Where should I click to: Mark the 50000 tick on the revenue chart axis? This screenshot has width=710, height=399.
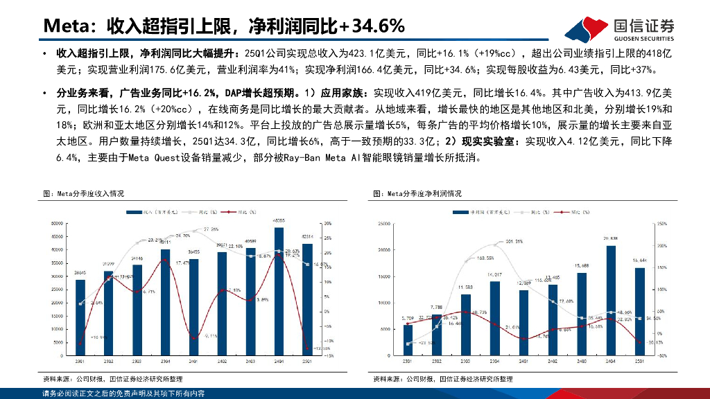tap(59, 223)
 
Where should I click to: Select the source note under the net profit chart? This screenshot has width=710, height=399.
tap(443, 379)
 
